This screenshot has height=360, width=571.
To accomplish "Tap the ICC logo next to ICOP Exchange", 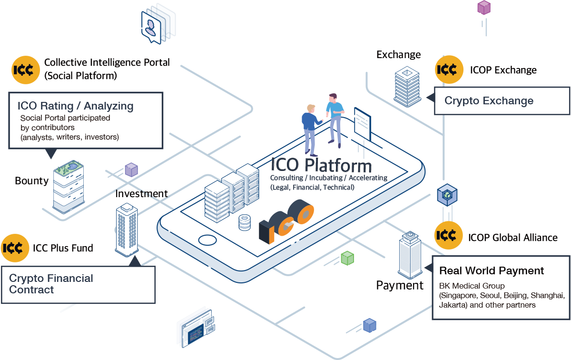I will coord(449,70).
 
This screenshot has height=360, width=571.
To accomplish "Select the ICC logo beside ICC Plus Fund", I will coord(15,248).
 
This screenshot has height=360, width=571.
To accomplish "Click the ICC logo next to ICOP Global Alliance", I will coord(449,235).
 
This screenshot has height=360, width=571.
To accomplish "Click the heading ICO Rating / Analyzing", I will coord(75,106).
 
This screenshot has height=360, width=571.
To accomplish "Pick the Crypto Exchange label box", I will coord(502,101).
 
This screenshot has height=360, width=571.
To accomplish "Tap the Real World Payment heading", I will coord(492,270).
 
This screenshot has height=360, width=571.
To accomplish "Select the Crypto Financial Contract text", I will coord(51,284).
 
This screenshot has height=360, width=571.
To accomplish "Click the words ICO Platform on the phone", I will coord(321,165).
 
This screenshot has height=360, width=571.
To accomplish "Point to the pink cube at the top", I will coord(484,7).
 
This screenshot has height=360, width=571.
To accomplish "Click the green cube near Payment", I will coord(347,258).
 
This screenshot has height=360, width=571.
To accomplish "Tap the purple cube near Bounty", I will coord(131,169).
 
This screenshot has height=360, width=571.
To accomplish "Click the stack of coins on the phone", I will coord(244,222).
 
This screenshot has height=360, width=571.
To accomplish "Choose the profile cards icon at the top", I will coord(158,23).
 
